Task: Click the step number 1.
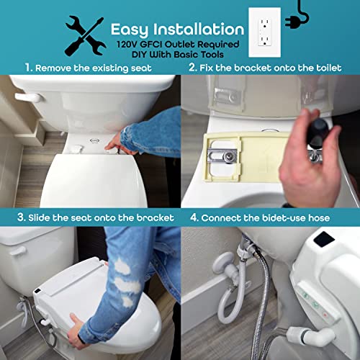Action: [x=28, y=68]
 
